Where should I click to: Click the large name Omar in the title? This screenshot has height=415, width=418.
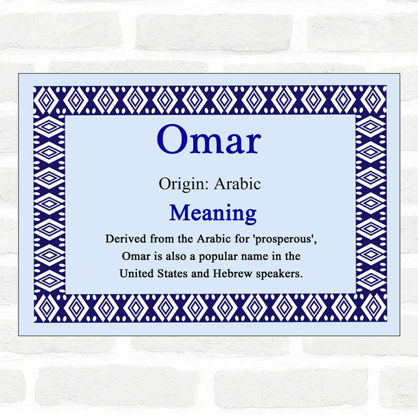(x=209, y=142)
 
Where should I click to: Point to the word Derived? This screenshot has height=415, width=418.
(x=125, y=239)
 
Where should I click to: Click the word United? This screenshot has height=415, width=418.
(x=137, y=274)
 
